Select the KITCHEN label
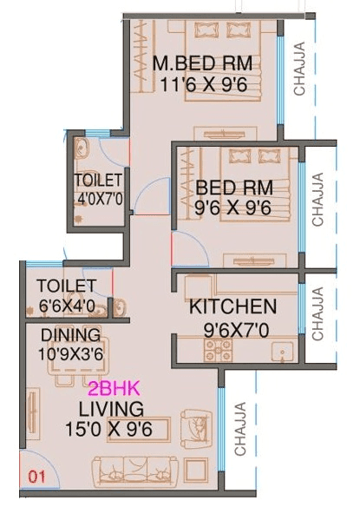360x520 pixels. [233, 307]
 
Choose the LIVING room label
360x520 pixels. [111, 408]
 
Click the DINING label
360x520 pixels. [70, 335]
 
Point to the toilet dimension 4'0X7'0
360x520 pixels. [100, 198]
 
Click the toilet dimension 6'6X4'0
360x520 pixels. [68, 306]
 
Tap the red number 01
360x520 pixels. [36, 476]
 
